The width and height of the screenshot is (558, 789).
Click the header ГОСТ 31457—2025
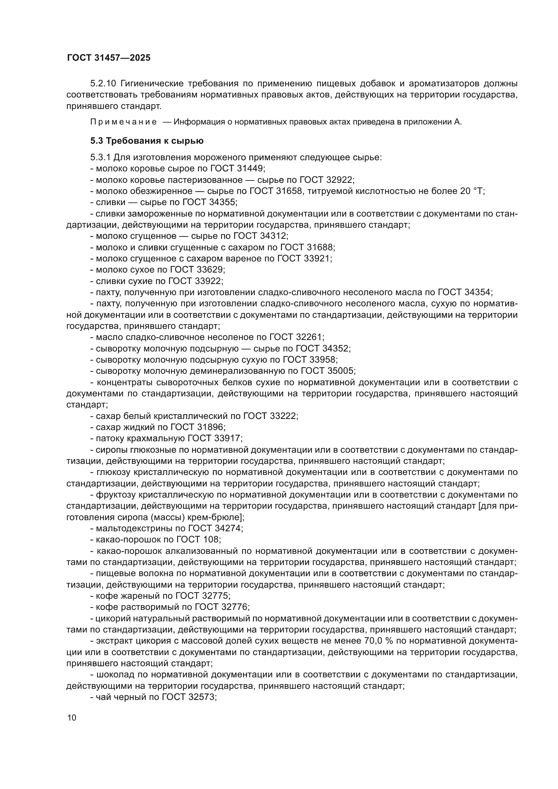tap(109, 58)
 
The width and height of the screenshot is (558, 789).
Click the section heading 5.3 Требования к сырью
tap(147, 141)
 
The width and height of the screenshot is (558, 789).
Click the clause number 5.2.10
tap(104, 84)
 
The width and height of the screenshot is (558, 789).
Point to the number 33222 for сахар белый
tap(283, 416)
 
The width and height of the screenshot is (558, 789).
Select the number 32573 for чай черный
tap(202, 697)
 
